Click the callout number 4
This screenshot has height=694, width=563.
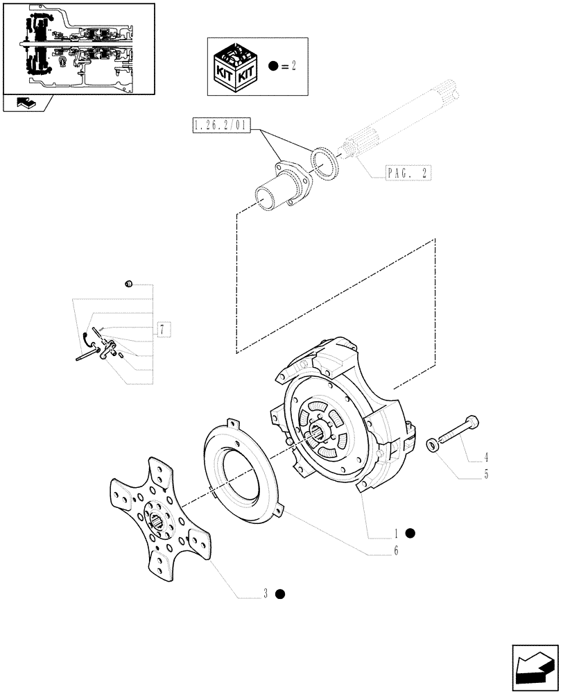486,457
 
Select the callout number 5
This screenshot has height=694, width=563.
486,475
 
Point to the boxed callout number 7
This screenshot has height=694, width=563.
161,329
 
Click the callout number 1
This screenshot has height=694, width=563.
396,533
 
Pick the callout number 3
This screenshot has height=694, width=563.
265,593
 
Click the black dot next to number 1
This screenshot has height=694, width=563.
410,533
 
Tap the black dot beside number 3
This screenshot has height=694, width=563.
279,593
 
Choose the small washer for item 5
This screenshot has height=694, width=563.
432,445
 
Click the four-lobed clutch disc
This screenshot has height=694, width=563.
159,517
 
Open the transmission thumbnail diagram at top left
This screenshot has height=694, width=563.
78,49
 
